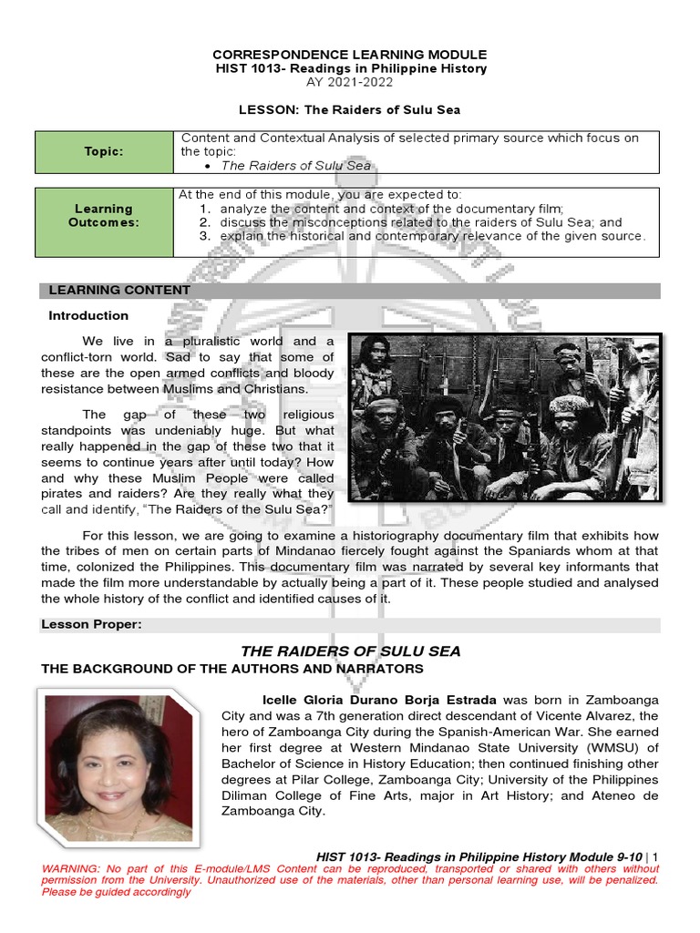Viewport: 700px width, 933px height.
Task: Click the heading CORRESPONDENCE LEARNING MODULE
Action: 350,55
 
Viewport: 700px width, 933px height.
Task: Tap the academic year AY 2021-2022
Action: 350,82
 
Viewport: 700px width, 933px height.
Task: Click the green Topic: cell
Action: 104,152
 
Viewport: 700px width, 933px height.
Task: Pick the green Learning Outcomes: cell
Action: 104,216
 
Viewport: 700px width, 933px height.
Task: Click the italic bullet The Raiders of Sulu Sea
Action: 296,165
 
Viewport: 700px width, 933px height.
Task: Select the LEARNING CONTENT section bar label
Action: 119,291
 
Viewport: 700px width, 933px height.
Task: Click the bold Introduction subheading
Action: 88,315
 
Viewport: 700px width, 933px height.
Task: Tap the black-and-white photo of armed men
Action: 505,416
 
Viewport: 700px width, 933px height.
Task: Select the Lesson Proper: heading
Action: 91,624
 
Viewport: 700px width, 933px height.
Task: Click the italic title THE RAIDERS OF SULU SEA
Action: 350,651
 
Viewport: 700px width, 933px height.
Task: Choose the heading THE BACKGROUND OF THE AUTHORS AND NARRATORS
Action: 232,669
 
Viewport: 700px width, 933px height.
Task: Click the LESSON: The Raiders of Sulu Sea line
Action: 350,109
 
